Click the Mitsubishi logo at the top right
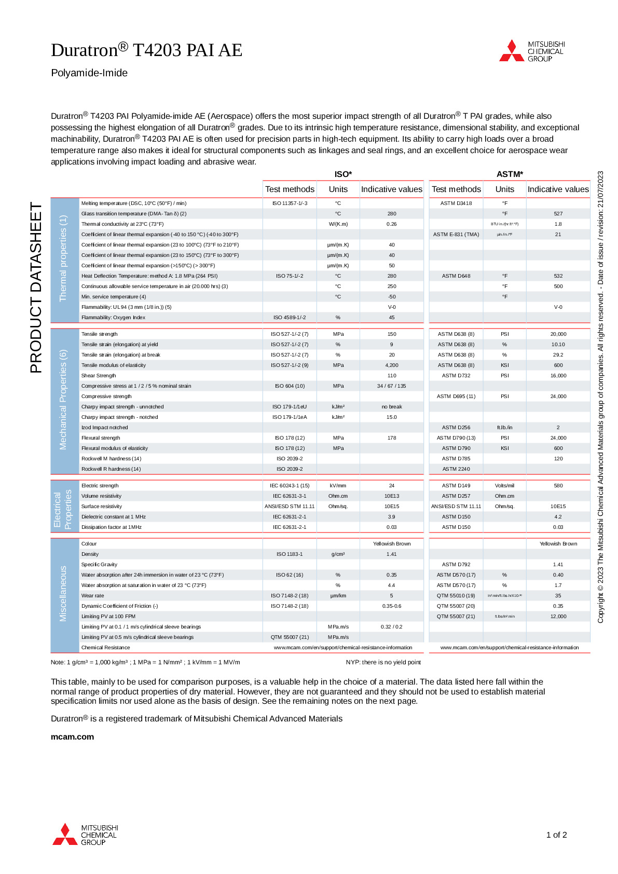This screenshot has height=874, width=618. (531, 51)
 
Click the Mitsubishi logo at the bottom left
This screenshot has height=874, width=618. (85, 835)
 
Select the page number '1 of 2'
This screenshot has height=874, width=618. (556, 835)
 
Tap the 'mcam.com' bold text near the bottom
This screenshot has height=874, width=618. (72, 736)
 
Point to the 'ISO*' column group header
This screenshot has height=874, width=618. (343, 174)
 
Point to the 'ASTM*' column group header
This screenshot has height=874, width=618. (510, 174)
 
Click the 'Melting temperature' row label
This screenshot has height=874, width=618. (134, 203)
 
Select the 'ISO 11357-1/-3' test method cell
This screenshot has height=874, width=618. (290, 203)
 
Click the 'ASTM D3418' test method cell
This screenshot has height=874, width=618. (456, 203)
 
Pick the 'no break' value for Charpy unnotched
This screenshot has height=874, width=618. (392, 407)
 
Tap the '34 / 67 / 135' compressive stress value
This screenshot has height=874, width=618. (392, 386)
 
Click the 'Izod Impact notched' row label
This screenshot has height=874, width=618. (104, 428)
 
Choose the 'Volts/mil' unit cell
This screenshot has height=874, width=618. (504, 486)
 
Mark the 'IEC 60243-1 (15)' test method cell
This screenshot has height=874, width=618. (290, 486)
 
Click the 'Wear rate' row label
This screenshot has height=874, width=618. (92, 596)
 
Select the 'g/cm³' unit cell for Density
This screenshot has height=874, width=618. (338, 554)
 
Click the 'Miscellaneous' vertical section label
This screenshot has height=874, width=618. (63, 593)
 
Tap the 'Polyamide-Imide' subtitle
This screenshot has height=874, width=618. (89, 73)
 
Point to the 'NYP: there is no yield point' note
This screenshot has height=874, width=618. (383, 662)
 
